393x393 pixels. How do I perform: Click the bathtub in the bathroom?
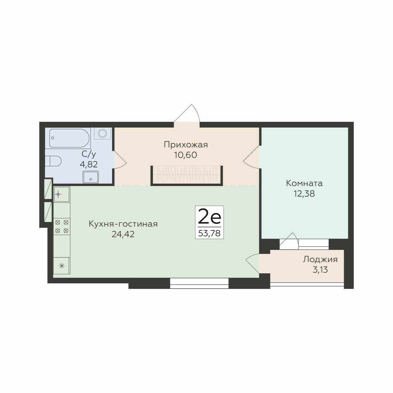70,138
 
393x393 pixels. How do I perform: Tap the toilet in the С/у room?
53,161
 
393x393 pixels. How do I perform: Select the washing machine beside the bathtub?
103,133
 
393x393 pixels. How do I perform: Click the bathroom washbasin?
91,177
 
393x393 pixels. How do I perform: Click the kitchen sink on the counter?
61,194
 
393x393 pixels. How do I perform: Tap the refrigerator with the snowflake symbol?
62,265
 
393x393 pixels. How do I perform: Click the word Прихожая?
186,145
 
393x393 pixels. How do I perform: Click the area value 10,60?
186,155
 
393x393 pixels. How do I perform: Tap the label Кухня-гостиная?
123,224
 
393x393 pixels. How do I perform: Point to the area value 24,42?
123,234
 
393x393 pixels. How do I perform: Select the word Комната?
304,183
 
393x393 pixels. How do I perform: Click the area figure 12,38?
304,194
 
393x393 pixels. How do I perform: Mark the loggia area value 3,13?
320,270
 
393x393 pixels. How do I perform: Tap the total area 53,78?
209,233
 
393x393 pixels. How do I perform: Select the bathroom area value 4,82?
89,164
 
